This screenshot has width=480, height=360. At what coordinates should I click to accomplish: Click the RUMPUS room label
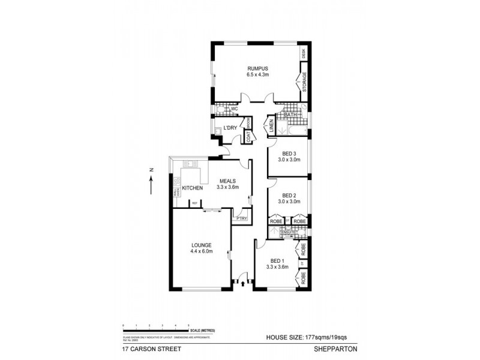257,68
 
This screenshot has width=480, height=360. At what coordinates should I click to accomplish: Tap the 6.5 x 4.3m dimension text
257,75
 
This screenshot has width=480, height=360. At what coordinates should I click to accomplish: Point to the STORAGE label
304,82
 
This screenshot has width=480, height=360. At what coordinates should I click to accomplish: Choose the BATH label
290,115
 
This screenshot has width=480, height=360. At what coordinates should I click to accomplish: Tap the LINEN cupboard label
271,127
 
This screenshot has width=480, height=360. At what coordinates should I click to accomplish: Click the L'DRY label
230,128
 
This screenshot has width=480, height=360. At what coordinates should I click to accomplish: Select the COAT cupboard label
248,137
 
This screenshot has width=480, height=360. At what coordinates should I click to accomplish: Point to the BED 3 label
288,154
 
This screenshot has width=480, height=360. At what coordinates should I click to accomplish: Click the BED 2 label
288,196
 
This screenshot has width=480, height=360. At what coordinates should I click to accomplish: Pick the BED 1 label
277,260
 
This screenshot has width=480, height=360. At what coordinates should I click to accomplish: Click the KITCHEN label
193,188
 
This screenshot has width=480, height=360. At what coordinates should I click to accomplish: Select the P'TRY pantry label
242,218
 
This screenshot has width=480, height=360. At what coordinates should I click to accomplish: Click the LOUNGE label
201,245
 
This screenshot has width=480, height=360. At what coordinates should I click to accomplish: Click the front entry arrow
243,283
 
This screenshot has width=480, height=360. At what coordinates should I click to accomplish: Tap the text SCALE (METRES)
202,331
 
